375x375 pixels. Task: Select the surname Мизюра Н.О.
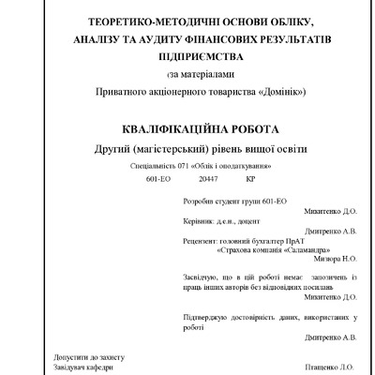click(337, 260)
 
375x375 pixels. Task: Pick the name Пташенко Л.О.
click(334, 367)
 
